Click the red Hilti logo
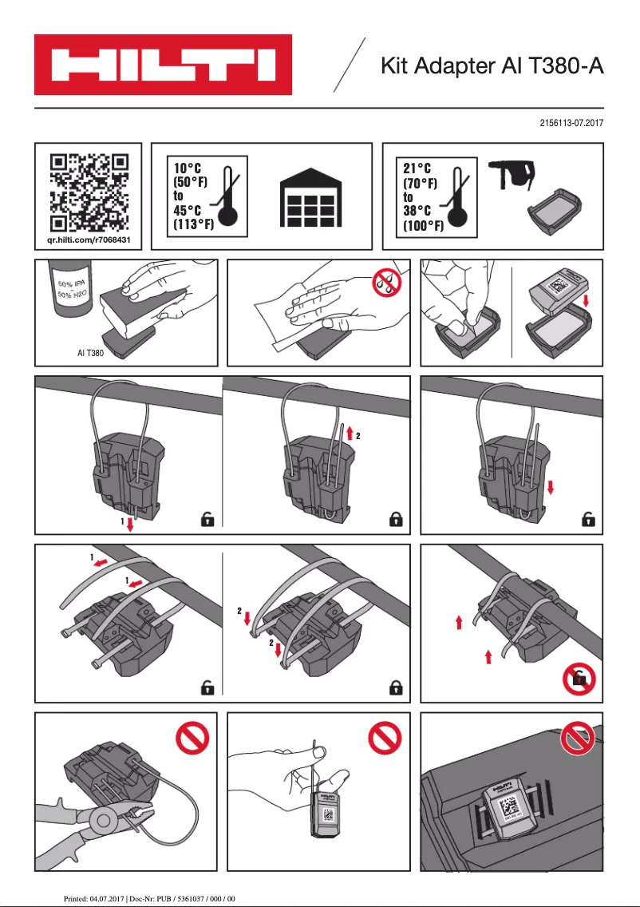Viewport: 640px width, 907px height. [x=163, y=65]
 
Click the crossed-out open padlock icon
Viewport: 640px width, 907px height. [x=578, y=680]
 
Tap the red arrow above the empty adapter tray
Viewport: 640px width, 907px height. [x=585, y=301]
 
